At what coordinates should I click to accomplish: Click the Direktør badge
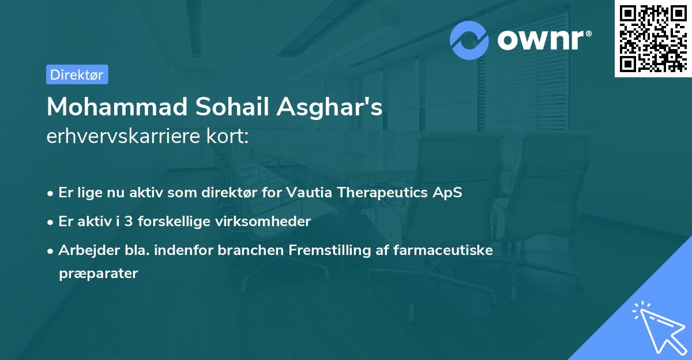pyautogui.click(x=77, y=74)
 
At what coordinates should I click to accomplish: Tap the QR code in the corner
pyautogui.click(x=653, y=38)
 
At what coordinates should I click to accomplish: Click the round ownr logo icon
pyautogui.click(x=469, y=40)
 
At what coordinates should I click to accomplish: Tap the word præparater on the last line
pyautogui.click(x=98, y=273)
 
